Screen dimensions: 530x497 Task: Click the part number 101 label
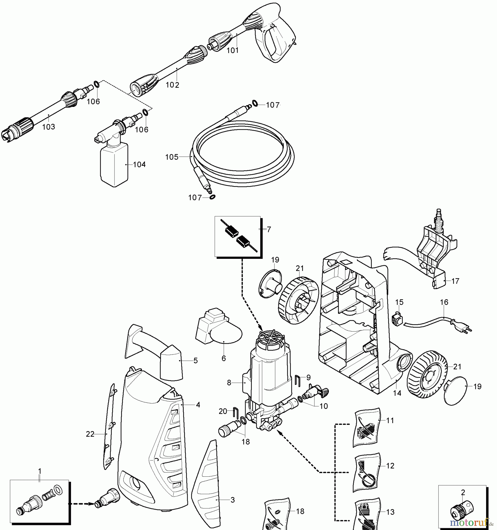coord(232,50)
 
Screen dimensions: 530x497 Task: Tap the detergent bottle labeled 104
coord(114,166)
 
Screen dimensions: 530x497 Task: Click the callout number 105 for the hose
coord(172,157)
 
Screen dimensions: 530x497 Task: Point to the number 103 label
coord(49,127)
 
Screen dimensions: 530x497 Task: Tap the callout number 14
coord(397,393)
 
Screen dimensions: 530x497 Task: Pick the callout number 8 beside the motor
coord(229,383)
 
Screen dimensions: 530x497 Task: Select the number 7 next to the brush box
coord(269,229)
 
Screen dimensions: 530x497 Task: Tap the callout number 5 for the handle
coord(196,361)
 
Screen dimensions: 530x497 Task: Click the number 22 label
coord(90,434)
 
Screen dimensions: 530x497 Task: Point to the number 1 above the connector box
coord(40,471)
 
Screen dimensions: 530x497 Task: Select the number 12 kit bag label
coord(390,466)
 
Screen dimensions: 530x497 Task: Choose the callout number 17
coord(455,281)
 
